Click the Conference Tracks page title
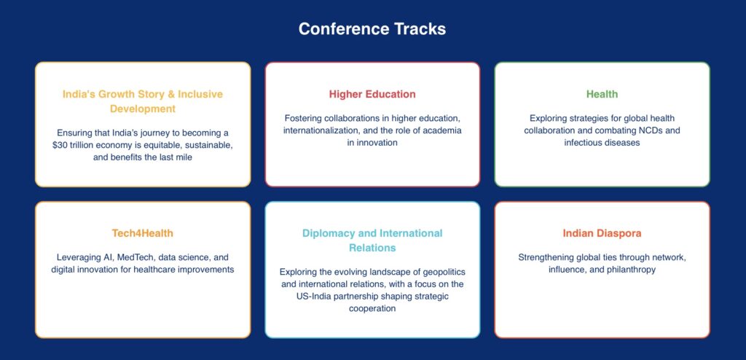point(372,29)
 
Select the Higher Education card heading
point(372,94)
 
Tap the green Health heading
point(602,94)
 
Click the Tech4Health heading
point(143,233)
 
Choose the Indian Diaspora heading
point(602,234)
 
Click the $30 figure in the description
point(60,145)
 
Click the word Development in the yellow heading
point(143,109)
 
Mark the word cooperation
point(372,308)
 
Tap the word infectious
point(582,143)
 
